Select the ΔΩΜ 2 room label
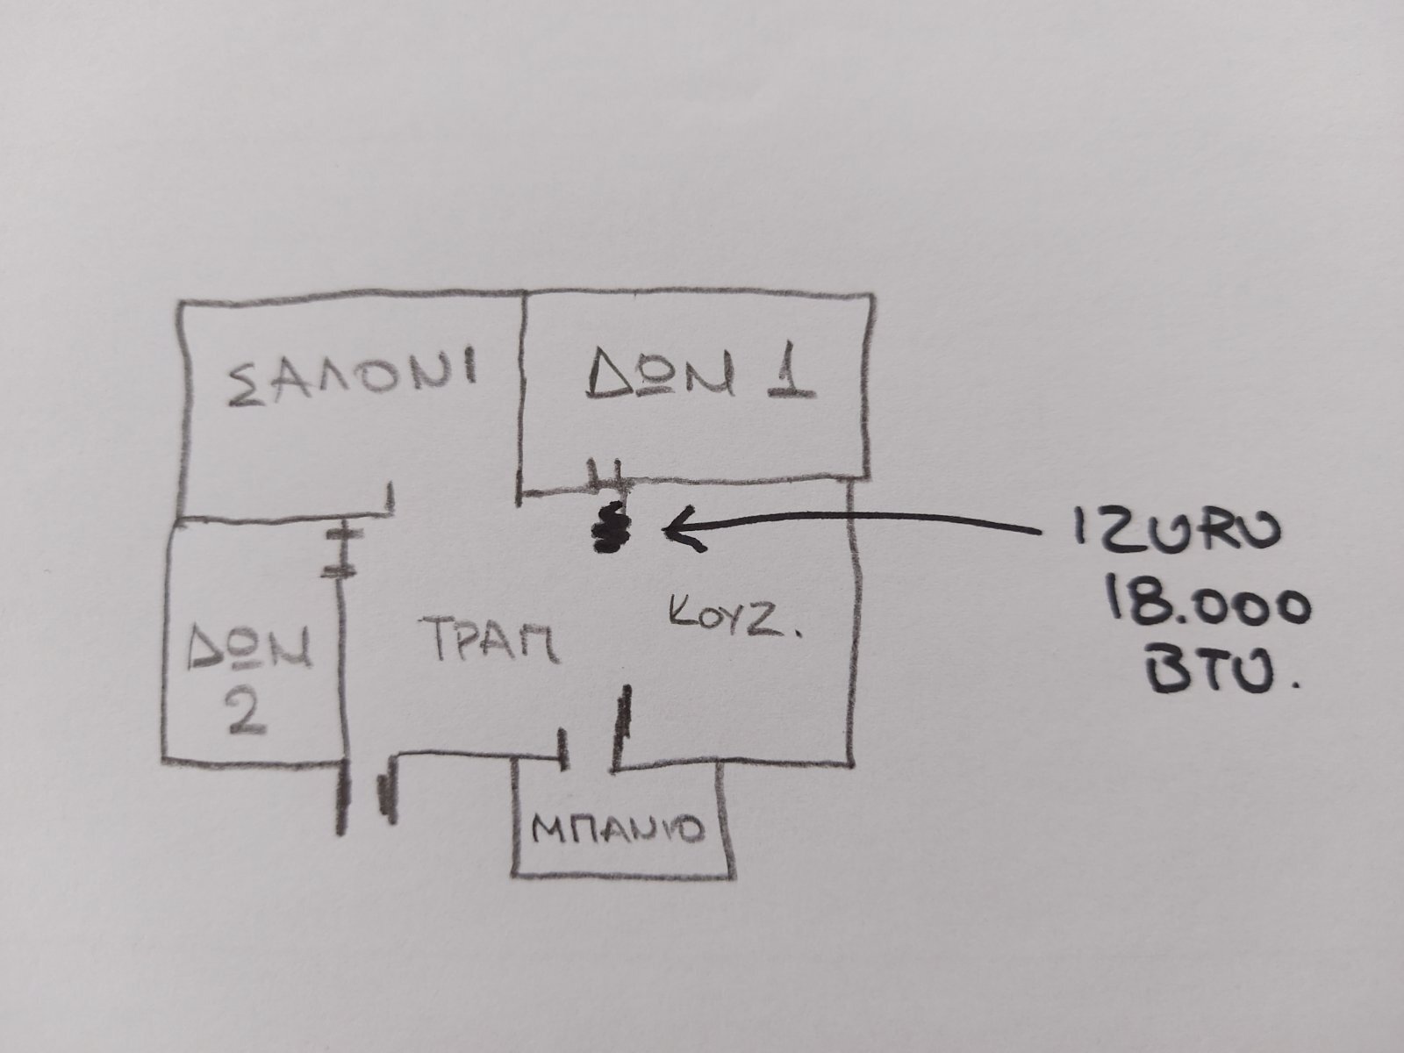pyautogui.click(x=249, y=677)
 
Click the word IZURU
pyautogui.click(x=1177, y=527)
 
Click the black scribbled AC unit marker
pyautogui.click(x=612, y=526)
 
